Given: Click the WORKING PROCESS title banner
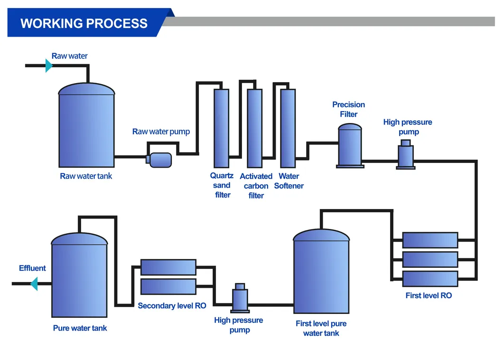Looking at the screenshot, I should pyautogui.click(x=84, y=23).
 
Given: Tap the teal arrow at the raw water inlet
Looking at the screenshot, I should pyautogui.click(x=48, y=66).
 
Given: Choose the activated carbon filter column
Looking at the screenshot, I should pyautogui.click(x=255, y=128).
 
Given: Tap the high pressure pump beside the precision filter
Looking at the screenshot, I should pyautogui.click(x=406, y=154).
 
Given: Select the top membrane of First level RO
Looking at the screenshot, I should pyautogui.click(x=430, y=240).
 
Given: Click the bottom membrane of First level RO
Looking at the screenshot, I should pyautogui.click(x=430, y=278).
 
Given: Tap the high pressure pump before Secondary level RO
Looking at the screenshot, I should pyautogui.click(x=240, y=298).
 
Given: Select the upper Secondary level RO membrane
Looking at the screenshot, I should pyautogui.click(x=168, y=267).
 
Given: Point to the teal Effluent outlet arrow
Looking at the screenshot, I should pyautogui.click(x=34, y=284).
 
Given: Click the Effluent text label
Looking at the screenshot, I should pyautogui.click(x=32, y=268).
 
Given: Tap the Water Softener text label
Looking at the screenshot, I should pyautogui.click(x=289, y=181).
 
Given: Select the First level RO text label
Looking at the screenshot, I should pyautogui.click(x=428, y=295).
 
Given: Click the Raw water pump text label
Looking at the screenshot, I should pyautogui.click(x=161, y=132).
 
